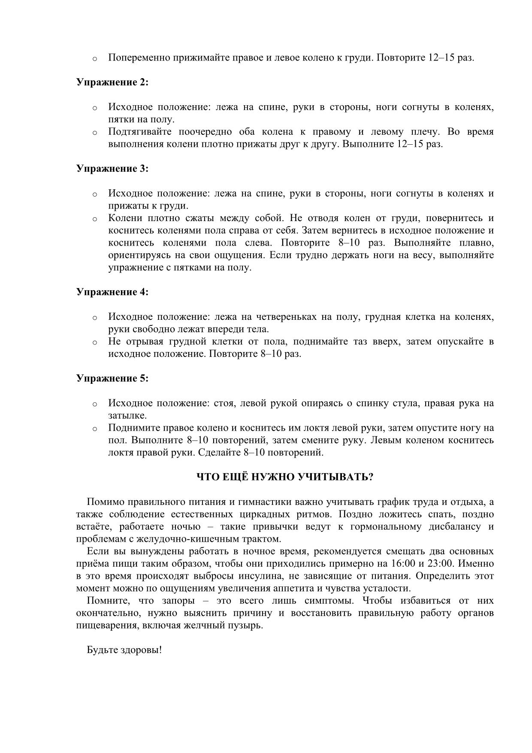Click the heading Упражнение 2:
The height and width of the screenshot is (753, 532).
pyautogui.click(x=112, y=82)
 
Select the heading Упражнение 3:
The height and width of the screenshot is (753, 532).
pyautogui.click(x=112, y=168)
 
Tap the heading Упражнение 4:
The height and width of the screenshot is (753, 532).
pyautogui.click(x=112, y=292)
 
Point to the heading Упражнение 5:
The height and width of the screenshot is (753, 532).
pyautogui.click(x=112, y=378)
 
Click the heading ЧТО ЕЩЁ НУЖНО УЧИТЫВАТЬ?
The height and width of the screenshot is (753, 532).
pyautogui.click(x=284, y=477)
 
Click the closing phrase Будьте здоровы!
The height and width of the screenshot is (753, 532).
pyautogui.click(x=124, y=650)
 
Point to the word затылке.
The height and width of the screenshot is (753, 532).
pyautogui.click(x=127, y=416)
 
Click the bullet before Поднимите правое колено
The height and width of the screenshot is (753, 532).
pyautogui.click(x=94, y=428)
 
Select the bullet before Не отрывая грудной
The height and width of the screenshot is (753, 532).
pyautogui.click(x=94, y=342)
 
